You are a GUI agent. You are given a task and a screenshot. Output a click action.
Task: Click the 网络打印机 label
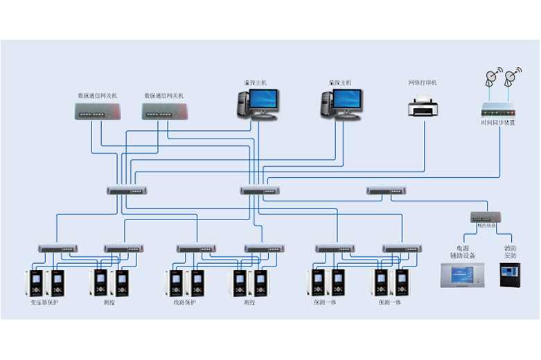(424, 83)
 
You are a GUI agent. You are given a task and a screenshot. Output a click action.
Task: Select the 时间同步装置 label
(498, 123)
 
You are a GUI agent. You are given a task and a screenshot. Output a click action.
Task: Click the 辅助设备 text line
(462, 256)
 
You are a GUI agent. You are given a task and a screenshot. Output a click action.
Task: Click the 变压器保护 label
(44, 303)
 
